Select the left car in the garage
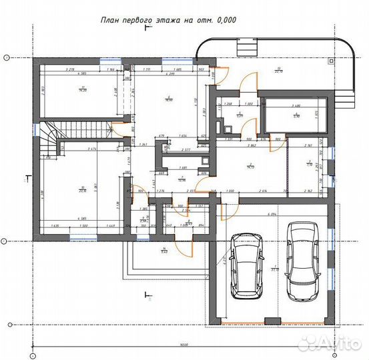tap(246, 267)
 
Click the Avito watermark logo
tap(331, 342)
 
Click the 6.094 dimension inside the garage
tap(272, 215)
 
